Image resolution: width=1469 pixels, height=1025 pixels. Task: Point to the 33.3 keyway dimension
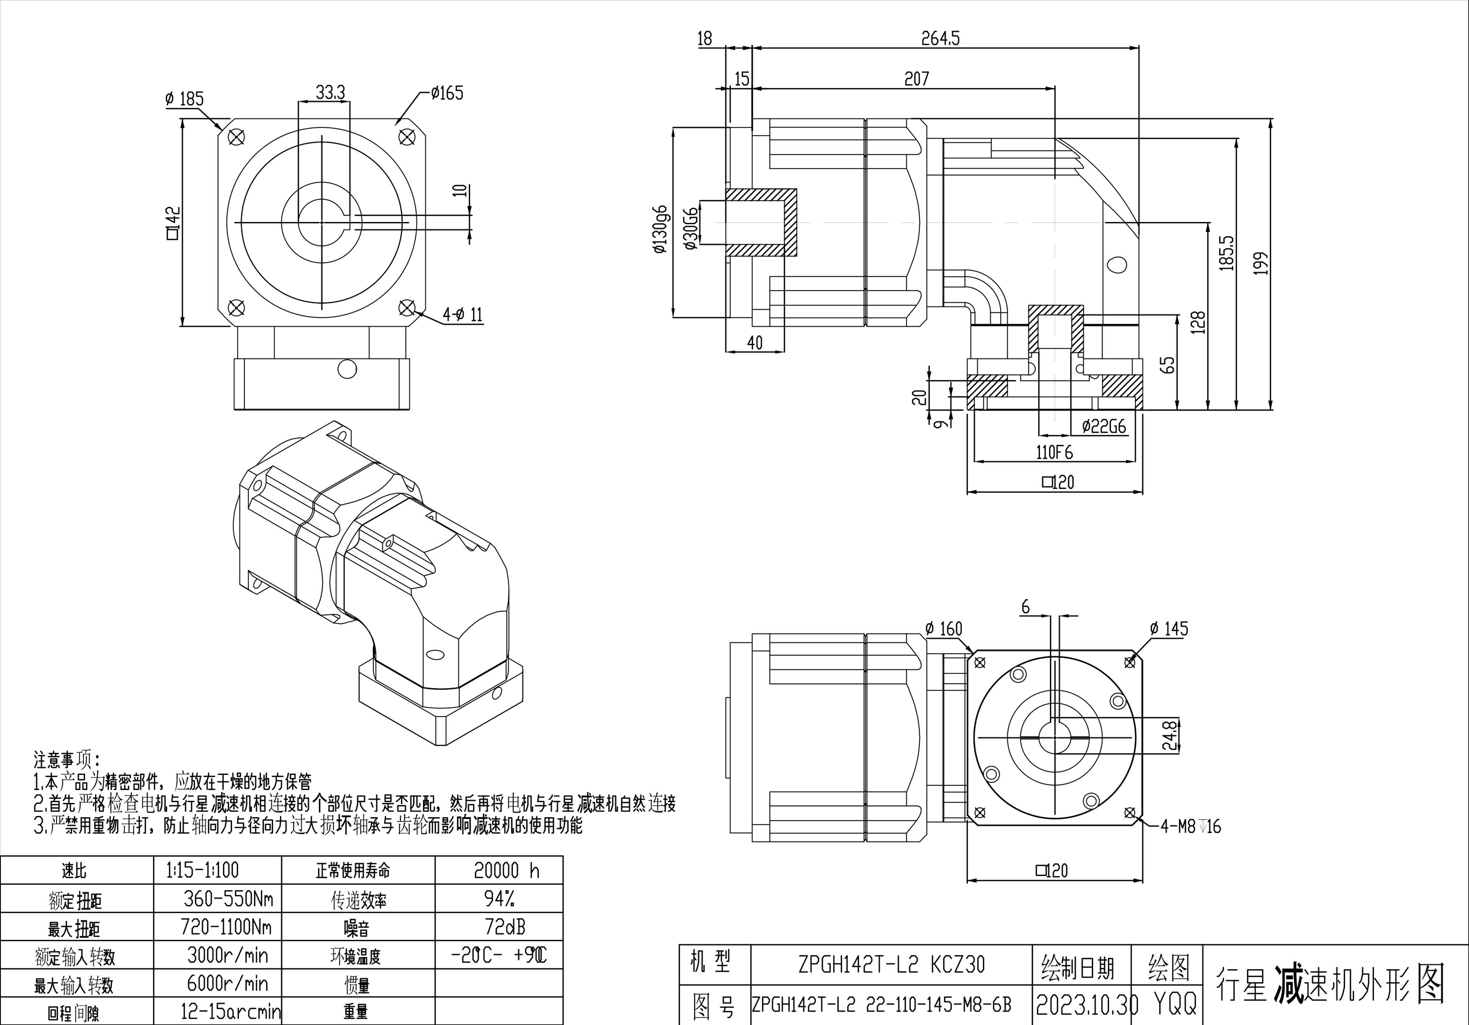pos(330,93)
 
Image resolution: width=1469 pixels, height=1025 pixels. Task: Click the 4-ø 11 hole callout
pos(463,315)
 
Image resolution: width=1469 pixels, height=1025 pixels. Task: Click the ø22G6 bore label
pos(1104,426)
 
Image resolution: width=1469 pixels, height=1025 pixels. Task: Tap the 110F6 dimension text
pos(1055,452)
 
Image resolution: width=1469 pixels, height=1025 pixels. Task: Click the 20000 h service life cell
pos(506,870)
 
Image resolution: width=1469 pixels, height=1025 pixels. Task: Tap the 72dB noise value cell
pos(505,927)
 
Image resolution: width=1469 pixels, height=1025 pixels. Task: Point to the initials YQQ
pos(1175,1005)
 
